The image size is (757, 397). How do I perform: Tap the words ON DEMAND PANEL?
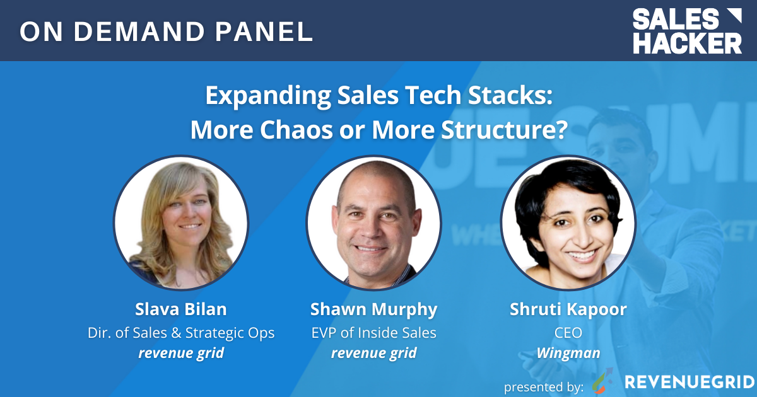pyautogui.click(x=166, y=32)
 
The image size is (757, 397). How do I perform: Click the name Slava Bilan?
pyautogui.click(x=181, y=309)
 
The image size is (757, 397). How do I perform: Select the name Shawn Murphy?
pyautogui.click(x=373, y=309)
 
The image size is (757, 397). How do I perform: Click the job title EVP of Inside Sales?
pyautogui.click(x=373, y=332)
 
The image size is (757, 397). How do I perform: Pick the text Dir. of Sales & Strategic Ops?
pyautogui.click(x=181, y=332)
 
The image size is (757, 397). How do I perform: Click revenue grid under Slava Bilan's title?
pyautogui.click(x=181, y=353)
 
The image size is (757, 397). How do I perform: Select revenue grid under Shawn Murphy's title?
pyautogui.click(x=373, y=353)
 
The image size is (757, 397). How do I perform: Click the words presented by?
pyautogui.click(x=543, y=384)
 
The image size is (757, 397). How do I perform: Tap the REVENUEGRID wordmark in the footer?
pyautogui.click(x=689, y=382)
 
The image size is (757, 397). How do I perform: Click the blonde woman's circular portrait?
pyautogui.click(x=181, y=222)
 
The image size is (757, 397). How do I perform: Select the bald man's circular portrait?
pyautogui.click(x=373, y=222)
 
